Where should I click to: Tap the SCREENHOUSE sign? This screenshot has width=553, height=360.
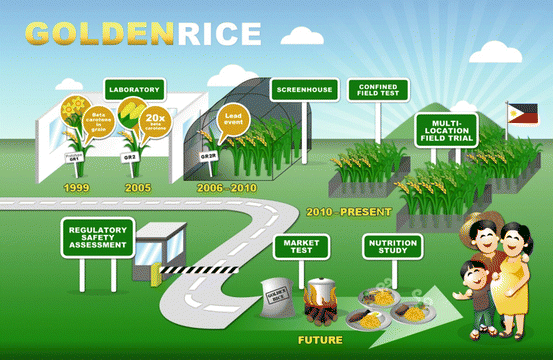tap(301, 89)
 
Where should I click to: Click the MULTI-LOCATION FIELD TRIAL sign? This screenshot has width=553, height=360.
tap(446, 129)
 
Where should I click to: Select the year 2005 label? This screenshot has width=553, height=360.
tap(137, 187)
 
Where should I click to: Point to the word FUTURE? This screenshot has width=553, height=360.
tap(321, 340)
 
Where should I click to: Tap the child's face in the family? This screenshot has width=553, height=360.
tap(473, 277)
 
